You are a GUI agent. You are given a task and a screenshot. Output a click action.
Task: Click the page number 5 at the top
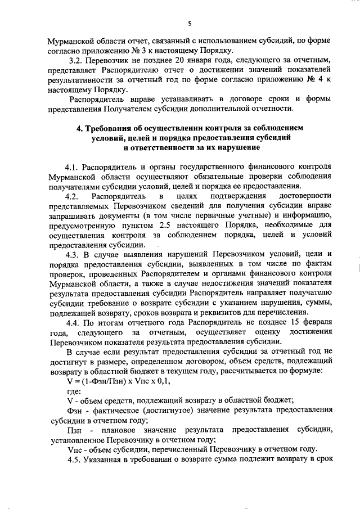pos(190,23)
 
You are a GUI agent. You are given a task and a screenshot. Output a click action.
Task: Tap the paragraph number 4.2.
pos(73,196)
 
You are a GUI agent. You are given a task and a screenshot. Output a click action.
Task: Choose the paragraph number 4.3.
pos(74,254)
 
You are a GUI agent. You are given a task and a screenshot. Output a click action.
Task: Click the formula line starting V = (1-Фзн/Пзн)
pos(106,381)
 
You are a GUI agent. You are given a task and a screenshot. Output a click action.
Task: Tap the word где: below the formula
pos(73,391)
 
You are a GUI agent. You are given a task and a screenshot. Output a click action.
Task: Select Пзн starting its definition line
pos(73,430)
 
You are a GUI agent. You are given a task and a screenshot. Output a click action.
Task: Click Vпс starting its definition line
pos(73,449)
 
